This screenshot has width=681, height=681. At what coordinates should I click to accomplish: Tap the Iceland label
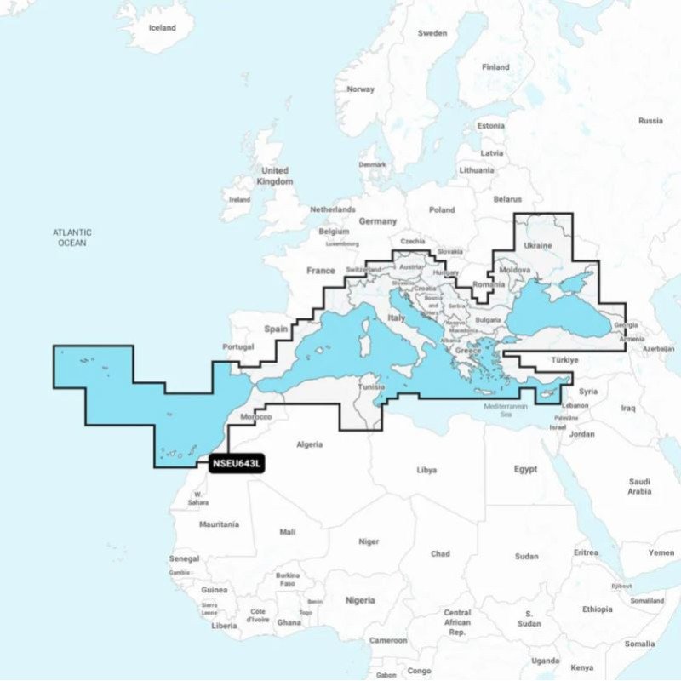click(x=162, y=28)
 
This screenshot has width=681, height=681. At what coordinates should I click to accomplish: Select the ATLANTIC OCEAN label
click(x=72, y=237)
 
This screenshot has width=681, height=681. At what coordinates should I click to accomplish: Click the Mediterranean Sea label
click(x=506, y=410)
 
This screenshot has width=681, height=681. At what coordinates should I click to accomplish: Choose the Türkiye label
click(x=564, y=360)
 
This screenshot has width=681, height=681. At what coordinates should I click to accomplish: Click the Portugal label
click(x=238, y=346)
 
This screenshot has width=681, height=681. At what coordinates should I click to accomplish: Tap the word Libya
click(x=426, y=470)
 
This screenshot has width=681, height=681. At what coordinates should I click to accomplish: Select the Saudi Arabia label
click(x=639, y=486)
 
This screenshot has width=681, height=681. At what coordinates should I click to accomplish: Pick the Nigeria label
click(x=359, y=600)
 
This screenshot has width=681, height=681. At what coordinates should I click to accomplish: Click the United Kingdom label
click(x=276, y=176)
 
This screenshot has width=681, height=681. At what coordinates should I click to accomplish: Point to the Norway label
click(x=361, y=89)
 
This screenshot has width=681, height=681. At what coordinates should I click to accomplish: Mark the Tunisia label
click(x=369, y=386)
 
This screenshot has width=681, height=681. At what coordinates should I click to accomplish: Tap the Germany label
click(x=378, y=221)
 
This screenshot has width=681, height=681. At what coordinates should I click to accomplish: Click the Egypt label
click(x=525, y=469)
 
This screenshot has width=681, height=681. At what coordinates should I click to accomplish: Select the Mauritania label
click(x=219, y=524)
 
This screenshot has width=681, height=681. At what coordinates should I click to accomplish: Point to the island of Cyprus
click(x=548, y=393)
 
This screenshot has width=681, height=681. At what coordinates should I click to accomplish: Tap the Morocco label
click(x=256, y=417)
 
